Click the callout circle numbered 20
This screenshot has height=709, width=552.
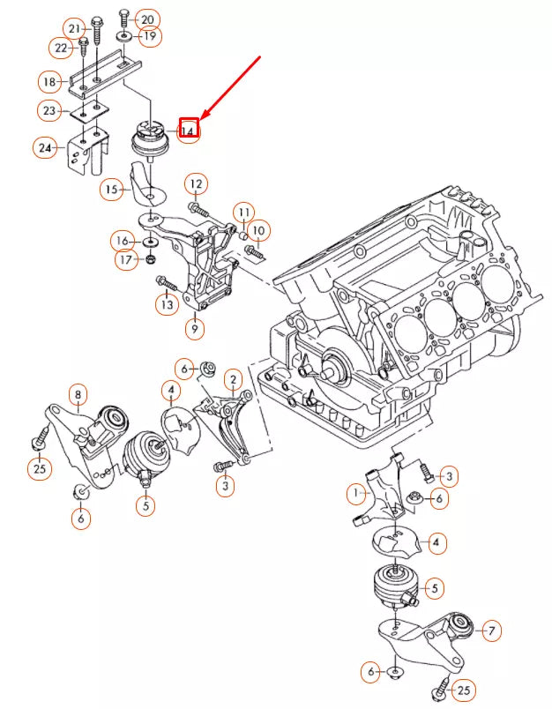147,19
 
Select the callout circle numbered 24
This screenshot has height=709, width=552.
45,147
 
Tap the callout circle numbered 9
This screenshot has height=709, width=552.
194,329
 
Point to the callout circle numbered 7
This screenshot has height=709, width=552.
491,630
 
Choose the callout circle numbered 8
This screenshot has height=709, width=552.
78,394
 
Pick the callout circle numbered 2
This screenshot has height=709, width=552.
232,380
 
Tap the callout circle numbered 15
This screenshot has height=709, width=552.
111,189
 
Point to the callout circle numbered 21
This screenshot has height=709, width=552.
75,28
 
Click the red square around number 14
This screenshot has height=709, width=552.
189,130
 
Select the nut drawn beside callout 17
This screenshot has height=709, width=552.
150,259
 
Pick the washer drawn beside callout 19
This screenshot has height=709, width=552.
124,36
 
